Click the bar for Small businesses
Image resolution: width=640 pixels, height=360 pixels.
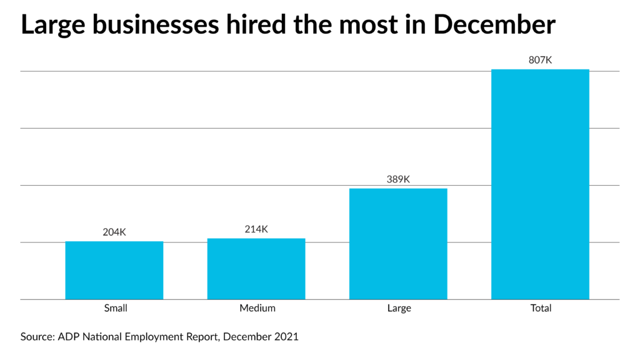(114, 270)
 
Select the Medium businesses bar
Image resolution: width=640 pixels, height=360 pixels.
(256, 269)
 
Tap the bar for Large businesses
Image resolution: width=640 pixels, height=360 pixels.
(398, 244)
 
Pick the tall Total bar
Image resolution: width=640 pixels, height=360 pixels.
(540, 184)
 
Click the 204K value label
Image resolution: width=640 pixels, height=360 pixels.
(114, 232)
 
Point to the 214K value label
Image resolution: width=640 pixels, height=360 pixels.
(256, 229)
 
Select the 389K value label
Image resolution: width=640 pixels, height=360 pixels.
(398, 179)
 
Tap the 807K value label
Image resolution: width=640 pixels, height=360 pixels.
(540, 60)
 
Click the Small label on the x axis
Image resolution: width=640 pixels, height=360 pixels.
(115, 308)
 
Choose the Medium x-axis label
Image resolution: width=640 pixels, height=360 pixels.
(257, 308)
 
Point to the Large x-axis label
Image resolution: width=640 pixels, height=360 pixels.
(398, 308)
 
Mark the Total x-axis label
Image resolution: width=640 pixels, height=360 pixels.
(541, 308)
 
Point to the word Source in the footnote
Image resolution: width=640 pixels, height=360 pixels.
(37, 337)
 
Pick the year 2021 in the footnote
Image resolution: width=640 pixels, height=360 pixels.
(286, 337)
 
